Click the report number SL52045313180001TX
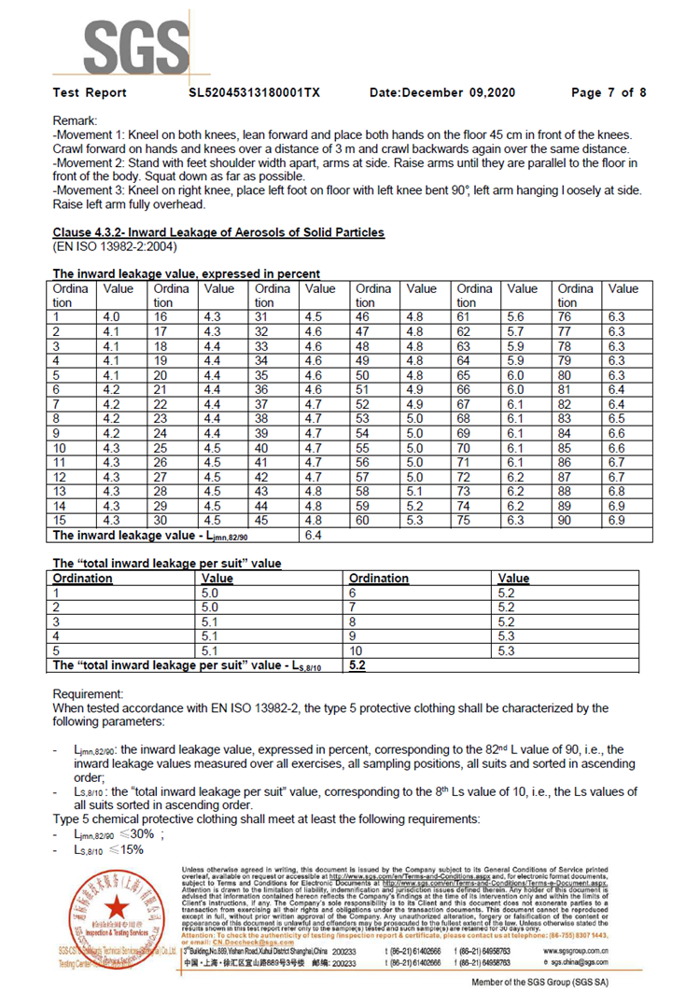pyautogui.click(x=255, y=92)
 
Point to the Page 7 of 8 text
pyautogui.click(x=608, y=92)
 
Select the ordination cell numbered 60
pyautogui.click(x=361, y=520)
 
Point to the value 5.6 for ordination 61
pyautogui.click(x=515, y=317)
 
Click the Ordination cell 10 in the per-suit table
pyautogui.click(x=356, y=650)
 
